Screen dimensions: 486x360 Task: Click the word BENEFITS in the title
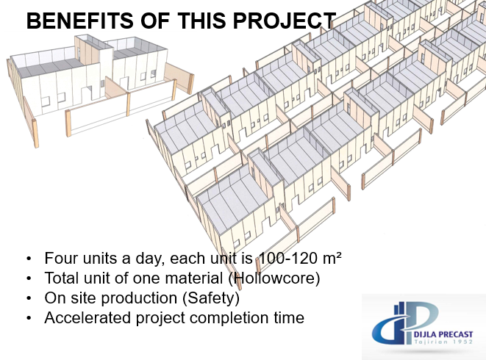point(80,21)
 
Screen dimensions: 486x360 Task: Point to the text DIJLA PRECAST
point(443,334)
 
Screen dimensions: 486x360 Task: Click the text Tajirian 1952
point(443,342)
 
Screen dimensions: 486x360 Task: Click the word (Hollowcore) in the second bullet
point(274,278)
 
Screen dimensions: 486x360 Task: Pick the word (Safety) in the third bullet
point(211,298)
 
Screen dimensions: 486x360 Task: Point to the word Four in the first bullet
point(61,258)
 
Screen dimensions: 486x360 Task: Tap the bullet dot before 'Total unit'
point(29,278)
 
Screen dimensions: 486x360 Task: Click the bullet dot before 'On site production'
point(29,298)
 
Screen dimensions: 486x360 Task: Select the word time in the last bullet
point(289,317)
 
